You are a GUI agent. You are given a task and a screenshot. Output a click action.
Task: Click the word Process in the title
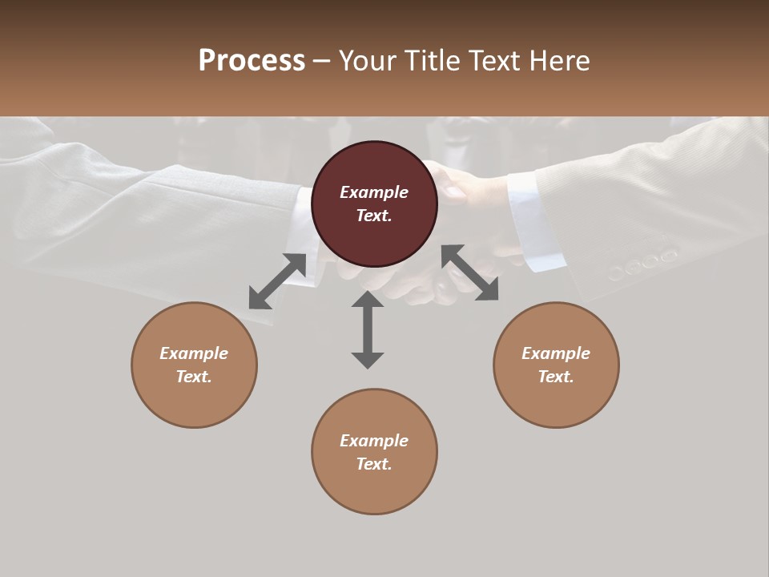(x=252, y=61)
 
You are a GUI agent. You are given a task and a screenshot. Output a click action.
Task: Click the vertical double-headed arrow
(x=368, y=329)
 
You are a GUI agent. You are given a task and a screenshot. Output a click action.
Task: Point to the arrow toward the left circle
(x=277, y=281)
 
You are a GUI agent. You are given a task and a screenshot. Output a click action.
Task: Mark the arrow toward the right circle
(x=470, y=272)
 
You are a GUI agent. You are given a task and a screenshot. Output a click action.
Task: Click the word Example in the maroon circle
(x=374, y=192)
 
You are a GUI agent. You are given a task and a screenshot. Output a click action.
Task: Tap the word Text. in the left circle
(x=194, y=377)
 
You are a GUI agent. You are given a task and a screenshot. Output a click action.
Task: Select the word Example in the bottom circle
(x=374, y=441)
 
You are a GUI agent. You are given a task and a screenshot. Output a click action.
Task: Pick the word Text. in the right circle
(x=556, y=377)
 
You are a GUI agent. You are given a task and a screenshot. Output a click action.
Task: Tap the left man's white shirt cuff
(x=303, y=220)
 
